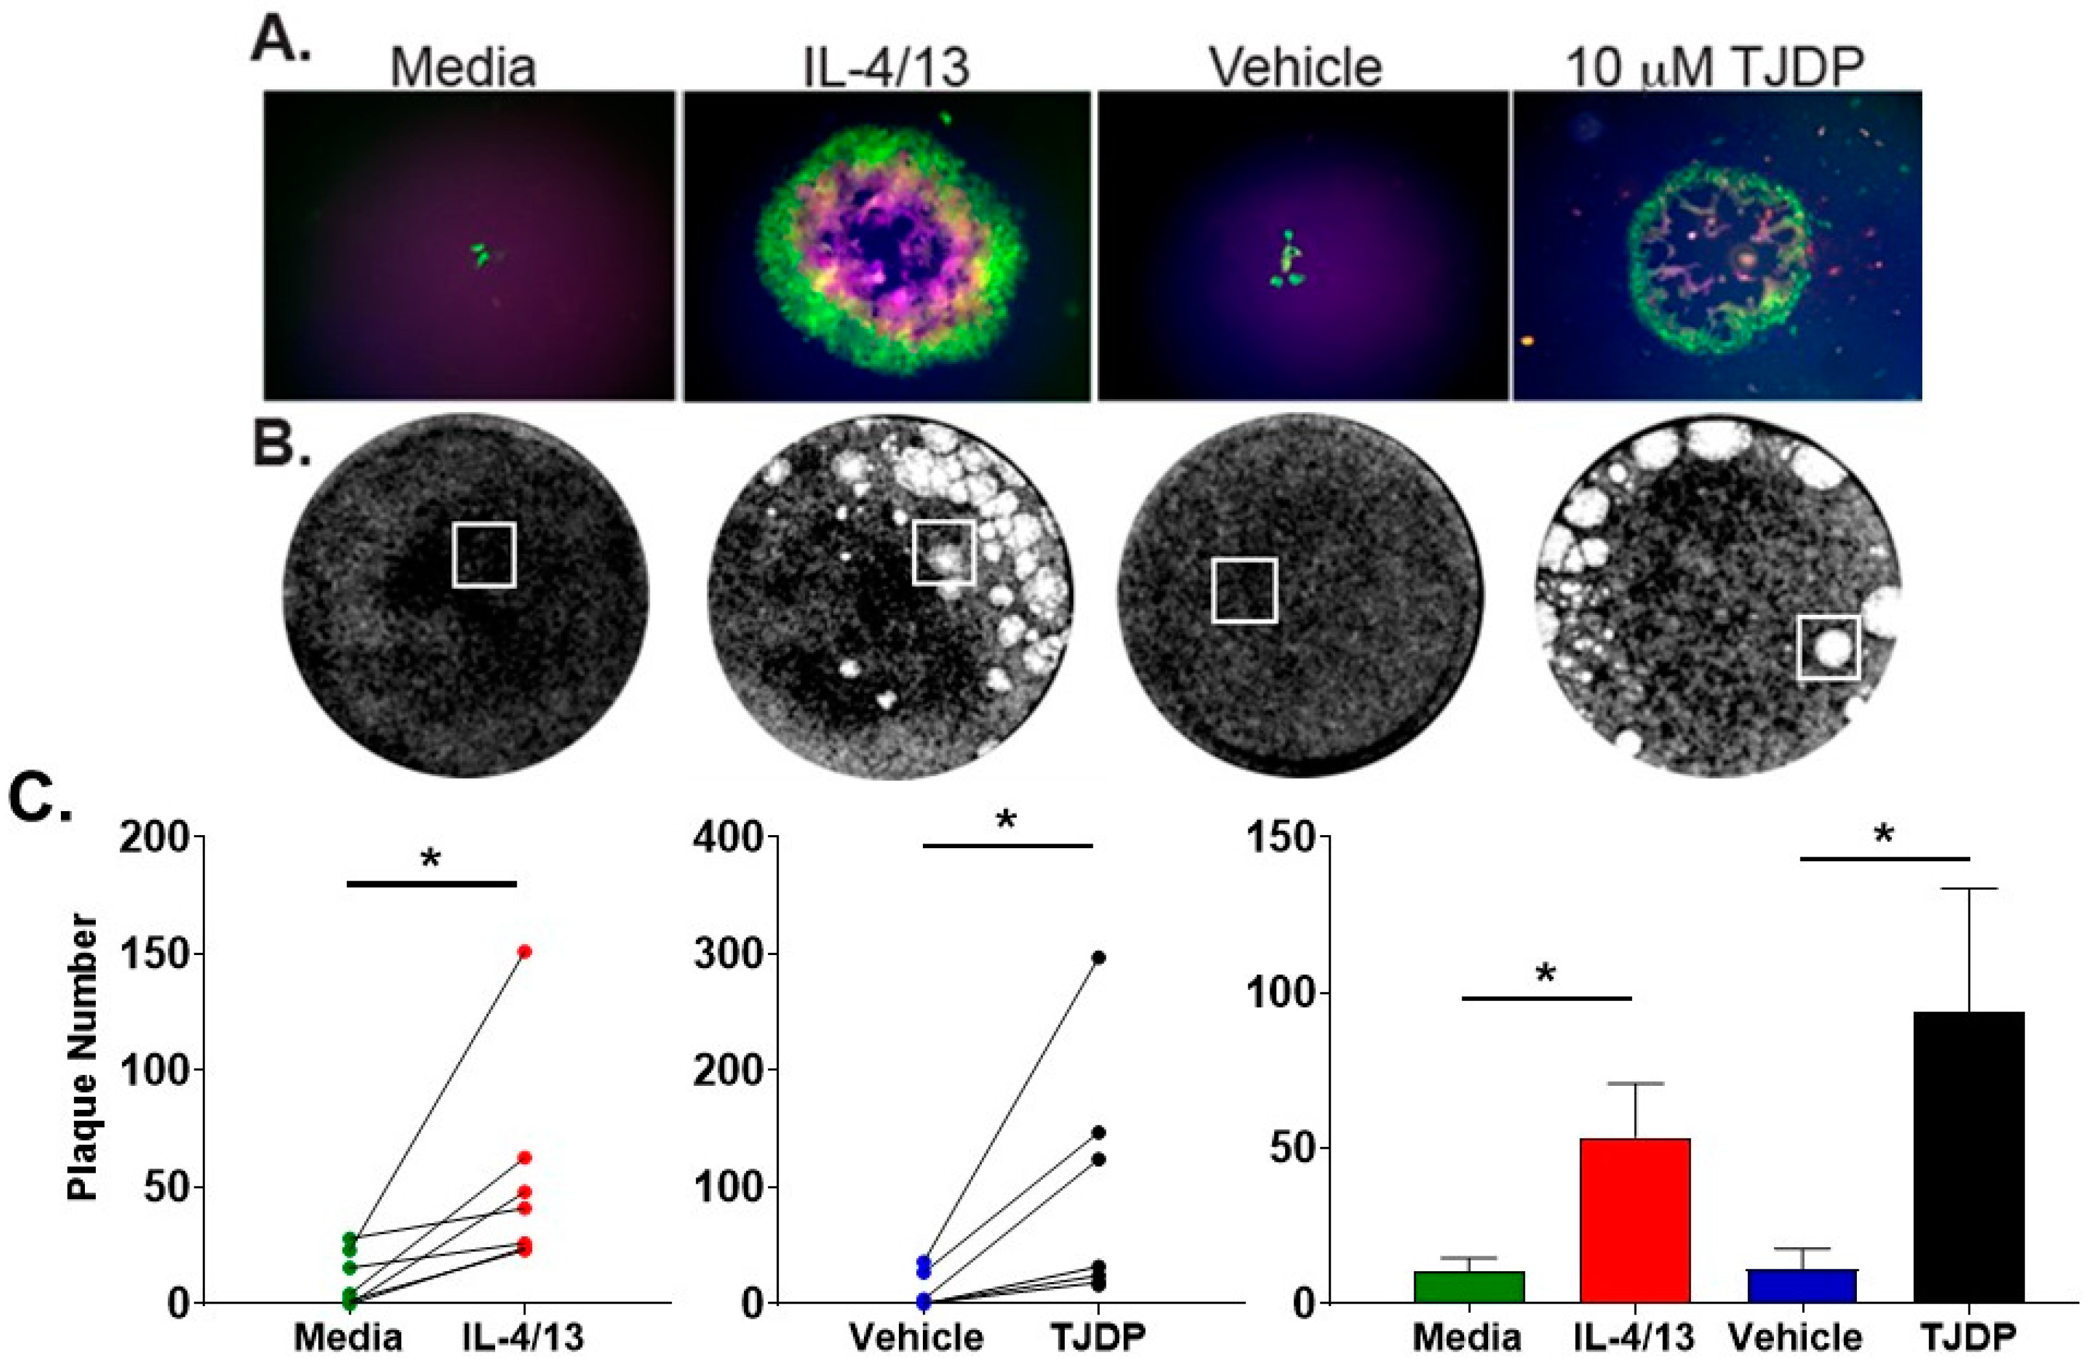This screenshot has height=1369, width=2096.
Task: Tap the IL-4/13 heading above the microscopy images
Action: [x=886, y=67]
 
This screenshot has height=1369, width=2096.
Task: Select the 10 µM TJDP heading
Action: [x=1715, y=67]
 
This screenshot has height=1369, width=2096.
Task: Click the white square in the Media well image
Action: [x=483, y=555]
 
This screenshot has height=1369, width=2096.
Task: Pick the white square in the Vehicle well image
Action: [x=1244, y=590]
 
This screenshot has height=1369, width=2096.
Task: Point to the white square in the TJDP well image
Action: [x=1828, y=648]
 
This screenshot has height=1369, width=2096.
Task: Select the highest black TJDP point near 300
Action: [x=1098, y=957]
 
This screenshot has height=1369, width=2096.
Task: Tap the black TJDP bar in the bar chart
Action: [x=1969, y=1157]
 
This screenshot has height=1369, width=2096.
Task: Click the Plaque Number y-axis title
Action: [x=83, y=1057]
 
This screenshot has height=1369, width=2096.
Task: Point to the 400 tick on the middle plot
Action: [x=726, y=838]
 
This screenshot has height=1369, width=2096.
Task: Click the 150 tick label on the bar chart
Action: [x=1277, y=838]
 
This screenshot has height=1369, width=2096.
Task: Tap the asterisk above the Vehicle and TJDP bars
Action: [x=1883, y=834]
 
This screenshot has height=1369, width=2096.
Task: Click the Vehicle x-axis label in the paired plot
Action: [x=916, y=1337]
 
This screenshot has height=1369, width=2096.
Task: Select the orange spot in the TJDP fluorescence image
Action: [x=1528, y=339]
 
